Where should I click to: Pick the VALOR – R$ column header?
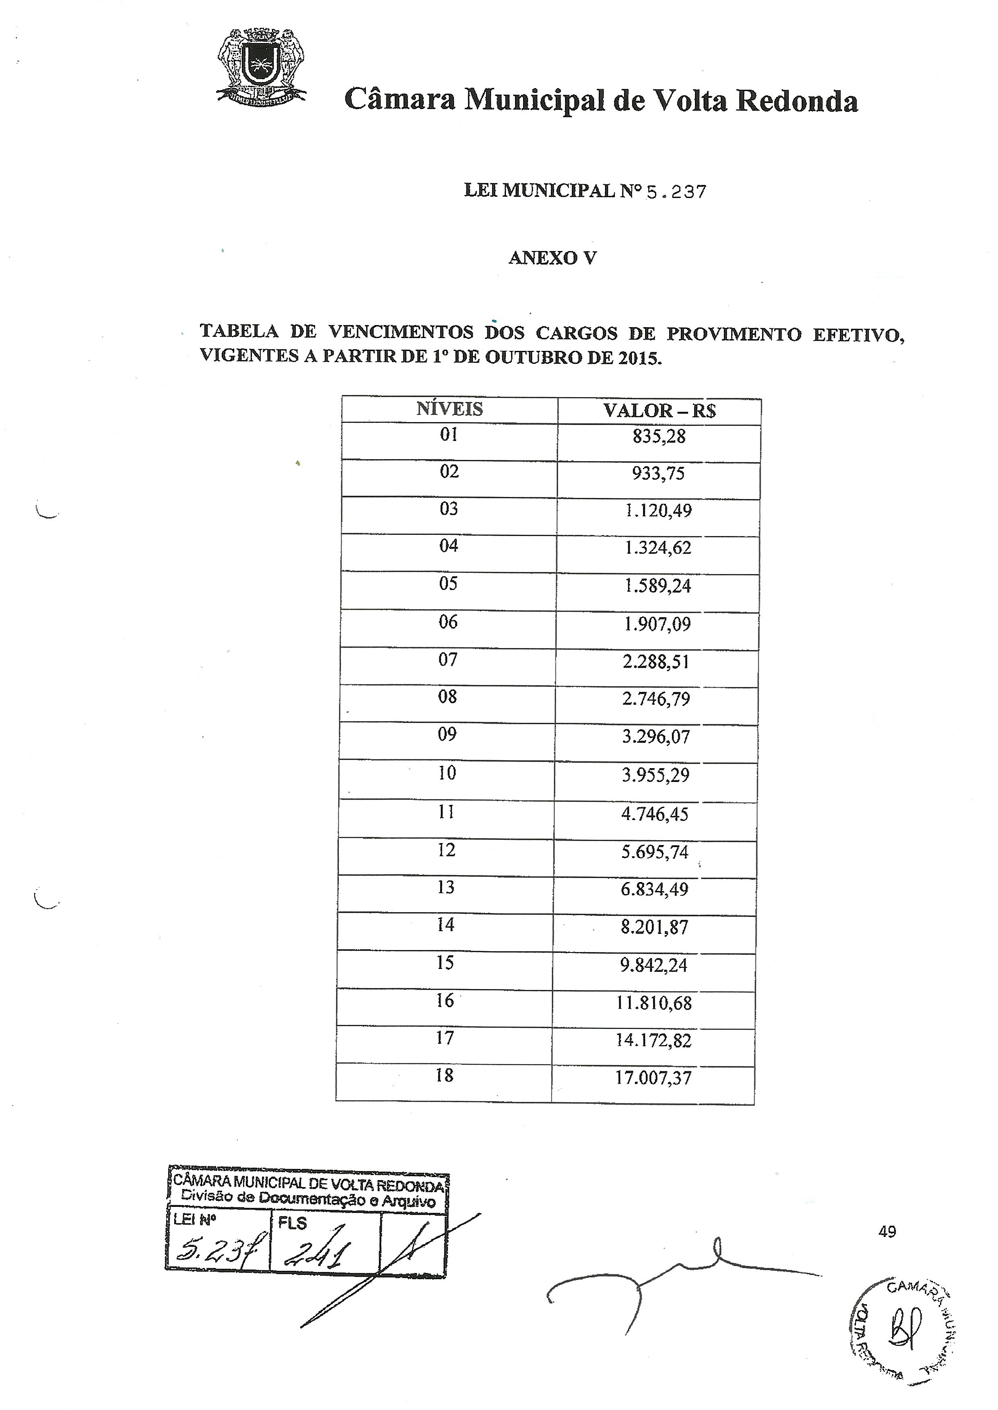(x=660, y=411)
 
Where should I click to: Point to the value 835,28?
(x=658, y=437)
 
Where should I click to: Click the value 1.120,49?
(x=658, y=511)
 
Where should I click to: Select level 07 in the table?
(x=448, y=660)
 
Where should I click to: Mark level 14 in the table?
(x=445, y=925)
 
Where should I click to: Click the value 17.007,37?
(x=653, y=1078)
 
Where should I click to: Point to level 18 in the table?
(x=444, y=1075)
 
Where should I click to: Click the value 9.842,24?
(x=654, y=965)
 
